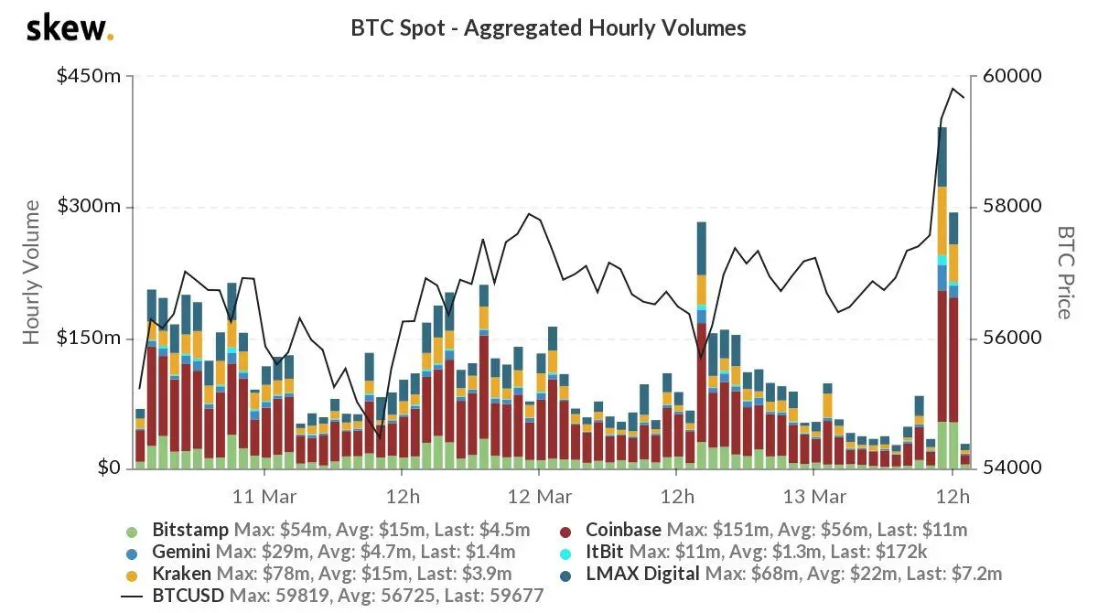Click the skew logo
coord(70,29)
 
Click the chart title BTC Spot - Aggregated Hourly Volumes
coord(548,28)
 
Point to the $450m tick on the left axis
coord(89,75)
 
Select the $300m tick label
coord(89,206)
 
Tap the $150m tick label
coord(89,337)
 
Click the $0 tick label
coord(109,468)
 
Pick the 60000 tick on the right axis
coord(1012,75)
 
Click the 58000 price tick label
coord(1012,206)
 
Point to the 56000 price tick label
coord(1012,337)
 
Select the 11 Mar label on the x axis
coord(264,497)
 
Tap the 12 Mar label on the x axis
coord(539,497)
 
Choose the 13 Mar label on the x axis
coord(814,497)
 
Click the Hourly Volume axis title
coord(31,272)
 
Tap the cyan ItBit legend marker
coord(565,554)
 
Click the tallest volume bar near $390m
coord(942,298)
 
